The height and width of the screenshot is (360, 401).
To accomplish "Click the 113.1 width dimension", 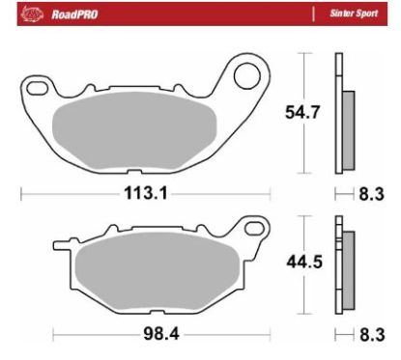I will coord(145,193).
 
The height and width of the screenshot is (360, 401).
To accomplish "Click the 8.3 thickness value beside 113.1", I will coord(371,193).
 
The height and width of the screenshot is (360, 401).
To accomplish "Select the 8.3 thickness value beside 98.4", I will coord(371,336).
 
